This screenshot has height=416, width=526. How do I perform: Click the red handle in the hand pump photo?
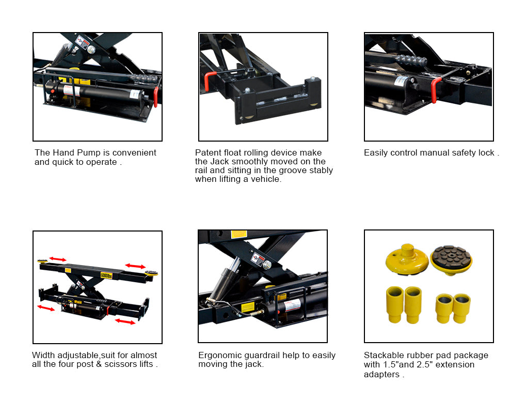(156, 97)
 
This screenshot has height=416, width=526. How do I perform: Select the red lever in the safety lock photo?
(435, 89)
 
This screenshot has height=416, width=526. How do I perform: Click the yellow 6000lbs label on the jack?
(106, 275)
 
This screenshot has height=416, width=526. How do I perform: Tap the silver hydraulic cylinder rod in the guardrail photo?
(234, 264)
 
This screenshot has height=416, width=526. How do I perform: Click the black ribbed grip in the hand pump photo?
(144, 79)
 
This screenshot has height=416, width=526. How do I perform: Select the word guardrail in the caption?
(262, 356)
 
